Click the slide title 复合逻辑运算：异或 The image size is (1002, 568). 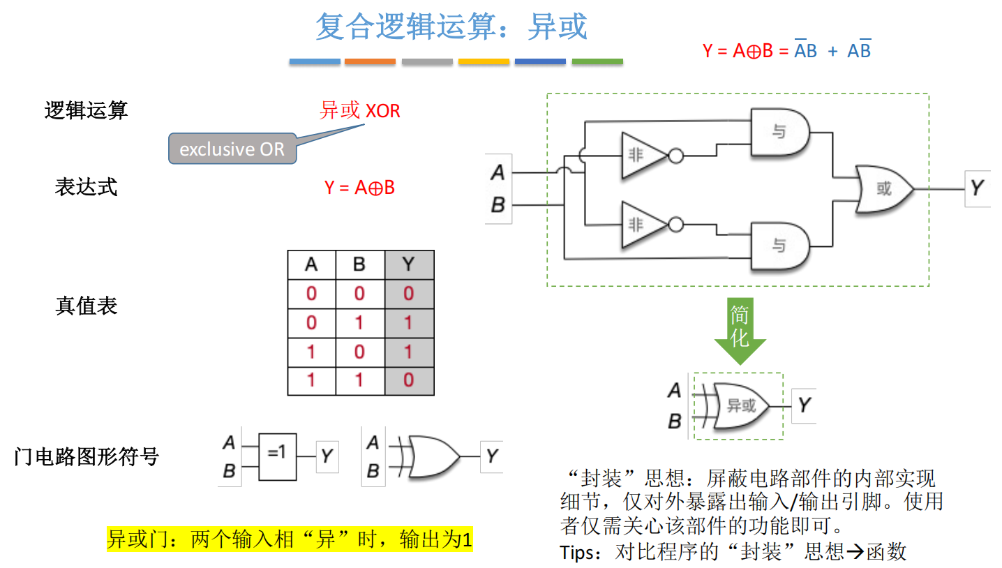click(x=451, y=27)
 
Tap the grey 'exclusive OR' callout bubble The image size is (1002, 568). click(x=232, y=149)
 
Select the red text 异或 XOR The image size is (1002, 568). click(x=360, y=110)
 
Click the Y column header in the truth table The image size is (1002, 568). click(x=409, y=264)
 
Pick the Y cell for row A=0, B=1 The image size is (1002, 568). click(x=409, y=322)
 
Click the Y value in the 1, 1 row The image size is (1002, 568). click(x=409, y=380)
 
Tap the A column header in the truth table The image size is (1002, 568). click(x=311, y=264)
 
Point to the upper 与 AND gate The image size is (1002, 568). click(x=779, y=132)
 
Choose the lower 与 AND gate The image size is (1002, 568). click(x=779, y=246)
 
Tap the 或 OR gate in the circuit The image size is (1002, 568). click(x=883, y=189)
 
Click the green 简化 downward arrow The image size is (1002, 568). click(x=740, y=331)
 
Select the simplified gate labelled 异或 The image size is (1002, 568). click(x=740, y=405)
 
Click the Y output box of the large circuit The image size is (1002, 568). click(x=977, y=188)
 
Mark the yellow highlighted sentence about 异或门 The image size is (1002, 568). click(x=290, y=539)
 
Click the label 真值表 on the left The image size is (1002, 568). click(x=87, y=306)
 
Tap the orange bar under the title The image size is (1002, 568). click(x=370, y=62)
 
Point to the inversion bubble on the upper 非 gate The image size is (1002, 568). click(x=675, y=156)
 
